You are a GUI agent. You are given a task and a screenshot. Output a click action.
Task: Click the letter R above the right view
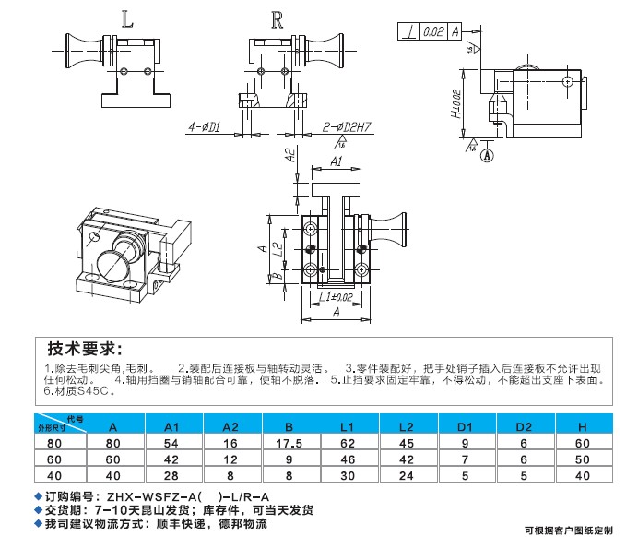(278, 18)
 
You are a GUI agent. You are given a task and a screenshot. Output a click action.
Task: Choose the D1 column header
(466, 426)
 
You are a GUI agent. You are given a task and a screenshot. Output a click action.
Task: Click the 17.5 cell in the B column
(289, 443)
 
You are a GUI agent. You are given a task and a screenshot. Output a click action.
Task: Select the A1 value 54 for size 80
(172, 443)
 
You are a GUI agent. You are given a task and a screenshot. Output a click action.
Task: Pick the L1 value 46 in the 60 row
(347, 459)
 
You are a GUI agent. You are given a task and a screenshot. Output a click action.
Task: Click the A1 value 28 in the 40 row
(172, 474)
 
